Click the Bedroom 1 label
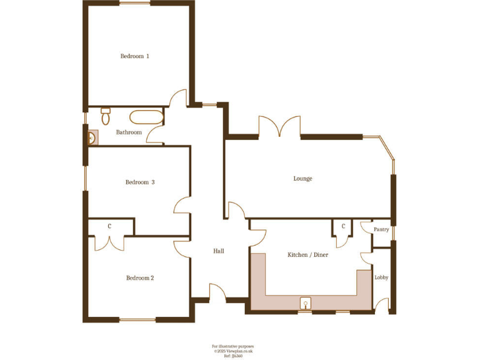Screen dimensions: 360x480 134,56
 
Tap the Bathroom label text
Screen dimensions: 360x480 129,132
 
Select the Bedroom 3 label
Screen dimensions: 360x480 140,182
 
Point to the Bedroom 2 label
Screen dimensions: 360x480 140,278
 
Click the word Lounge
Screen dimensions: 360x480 302,179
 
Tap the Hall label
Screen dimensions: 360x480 219,251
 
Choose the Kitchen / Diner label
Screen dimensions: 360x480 307,255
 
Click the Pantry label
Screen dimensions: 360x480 381,230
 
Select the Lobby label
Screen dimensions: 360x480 381,277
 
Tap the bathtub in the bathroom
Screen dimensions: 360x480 146,117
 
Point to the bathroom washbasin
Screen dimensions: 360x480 92,137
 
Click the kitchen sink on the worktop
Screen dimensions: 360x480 306,304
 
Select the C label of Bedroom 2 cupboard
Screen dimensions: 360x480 109,226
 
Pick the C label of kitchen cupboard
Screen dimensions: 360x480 343,226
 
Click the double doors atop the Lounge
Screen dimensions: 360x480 279,127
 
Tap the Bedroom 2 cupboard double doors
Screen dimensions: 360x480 109,243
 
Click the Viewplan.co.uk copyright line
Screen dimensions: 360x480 232,351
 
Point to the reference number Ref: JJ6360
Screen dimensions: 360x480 232,356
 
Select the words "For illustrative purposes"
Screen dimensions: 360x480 232,346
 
